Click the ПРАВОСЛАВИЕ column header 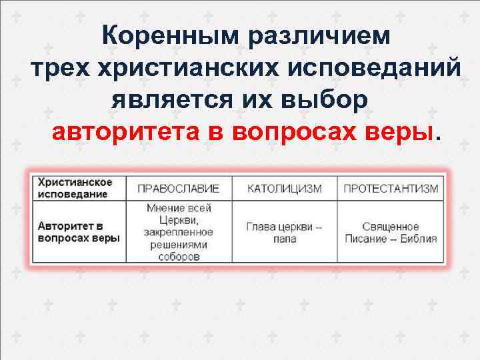(x=178, y=189)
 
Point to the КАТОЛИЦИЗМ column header (x=284, y=189)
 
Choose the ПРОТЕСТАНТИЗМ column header (x=391, y=189)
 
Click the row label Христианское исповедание (x=75, y=188)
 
